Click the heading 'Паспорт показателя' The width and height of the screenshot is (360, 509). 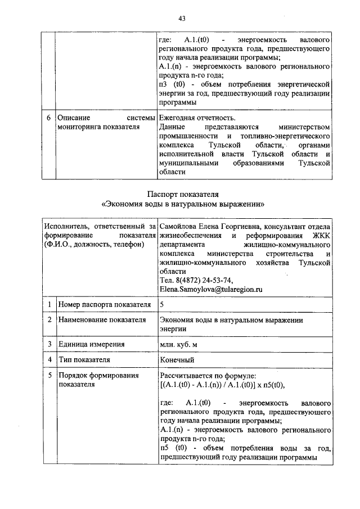coord(182,194)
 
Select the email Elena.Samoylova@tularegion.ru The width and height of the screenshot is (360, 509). coord(211,290)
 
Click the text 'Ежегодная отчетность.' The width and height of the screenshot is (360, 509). coord(197,118)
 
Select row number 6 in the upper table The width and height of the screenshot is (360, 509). coord(49,118)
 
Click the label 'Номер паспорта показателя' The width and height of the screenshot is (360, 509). coord(104,305)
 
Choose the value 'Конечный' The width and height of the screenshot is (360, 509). coord(177,359)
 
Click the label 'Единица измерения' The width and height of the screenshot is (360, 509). coord(91,344)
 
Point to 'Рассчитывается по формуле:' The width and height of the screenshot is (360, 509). coord(208,375)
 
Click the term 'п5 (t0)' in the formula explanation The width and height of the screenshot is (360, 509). coord(173,448)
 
